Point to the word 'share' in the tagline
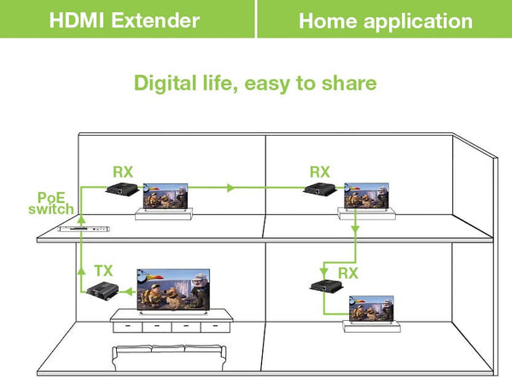[352, 83]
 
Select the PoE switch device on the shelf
[84, 229]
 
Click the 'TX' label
[103, 271]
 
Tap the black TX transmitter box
[101, 290]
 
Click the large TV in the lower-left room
[172, 289]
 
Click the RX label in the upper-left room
[123, 172]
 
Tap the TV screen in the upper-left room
[165, 197]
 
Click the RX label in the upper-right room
[320, 172]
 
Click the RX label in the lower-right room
[347, 273]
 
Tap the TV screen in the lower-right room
[372, 310]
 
